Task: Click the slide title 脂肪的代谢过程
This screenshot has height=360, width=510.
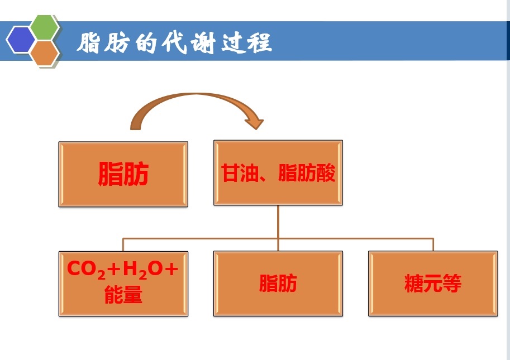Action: (x=174, y=42)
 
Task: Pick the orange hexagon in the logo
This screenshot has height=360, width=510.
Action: (x=44, y=54)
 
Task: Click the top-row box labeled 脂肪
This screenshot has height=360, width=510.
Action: (x=123, y=174)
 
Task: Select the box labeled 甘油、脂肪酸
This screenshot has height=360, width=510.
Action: (x=278, y=173)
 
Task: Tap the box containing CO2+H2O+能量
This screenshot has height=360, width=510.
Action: (x=123, y=284)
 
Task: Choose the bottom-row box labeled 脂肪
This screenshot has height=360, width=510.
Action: (x=278, y=284)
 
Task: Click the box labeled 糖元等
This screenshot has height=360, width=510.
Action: (x=433, y=284)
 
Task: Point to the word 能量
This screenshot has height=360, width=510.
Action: (x=123, y=296)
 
